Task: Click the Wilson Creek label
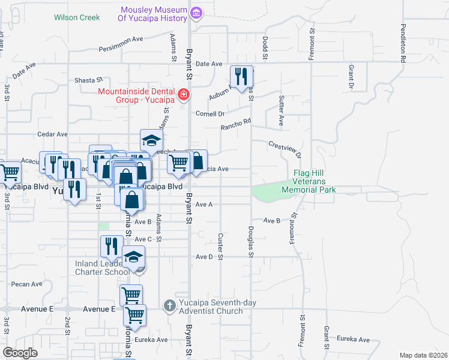click(x=77, y=17)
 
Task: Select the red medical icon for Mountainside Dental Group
click(x=183, y=95)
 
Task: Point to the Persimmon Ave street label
click(x=121, y=39)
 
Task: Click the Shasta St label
click(x=89, y=80)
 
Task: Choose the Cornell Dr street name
click(x=209, y=113)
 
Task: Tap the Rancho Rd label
click(x=235, y=124)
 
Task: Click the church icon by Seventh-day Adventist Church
click(x=170, y=306)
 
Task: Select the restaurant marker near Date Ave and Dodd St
click(x=241, y=76)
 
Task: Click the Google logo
click(x=20, y=353)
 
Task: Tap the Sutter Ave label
click(x=281, y=110)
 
